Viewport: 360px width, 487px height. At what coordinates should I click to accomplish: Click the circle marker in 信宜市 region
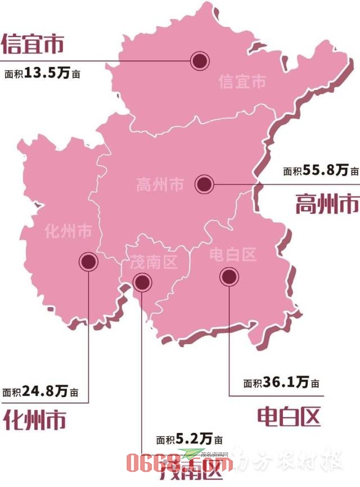[x=199, y=61]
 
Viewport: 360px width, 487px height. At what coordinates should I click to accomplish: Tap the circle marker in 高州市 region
[x=204, y=183]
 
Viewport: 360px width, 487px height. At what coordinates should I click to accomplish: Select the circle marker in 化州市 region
[x=88, y=261]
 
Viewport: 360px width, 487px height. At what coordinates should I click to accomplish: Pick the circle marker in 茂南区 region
[x=141, y=282]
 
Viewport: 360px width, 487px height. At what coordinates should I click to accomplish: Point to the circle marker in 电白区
[x=228, y=276]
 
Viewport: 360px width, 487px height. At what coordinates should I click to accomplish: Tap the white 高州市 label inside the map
[x=160, y=184]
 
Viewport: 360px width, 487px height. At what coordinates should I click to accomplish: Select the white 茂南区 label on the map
[x=154, y=261]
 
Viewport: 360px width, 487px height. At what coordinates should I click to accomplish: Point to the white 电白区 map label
[x=232, y=255]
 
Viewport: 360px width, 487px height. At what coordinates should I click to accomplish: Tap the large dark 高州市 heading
[x=327, y=203]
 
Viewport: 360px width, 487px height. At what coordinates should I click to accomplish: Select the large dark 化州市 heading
[x=34, y=419]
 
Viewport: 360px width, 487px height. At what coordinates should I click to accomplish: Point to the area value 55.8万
[x=326, y=171]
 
